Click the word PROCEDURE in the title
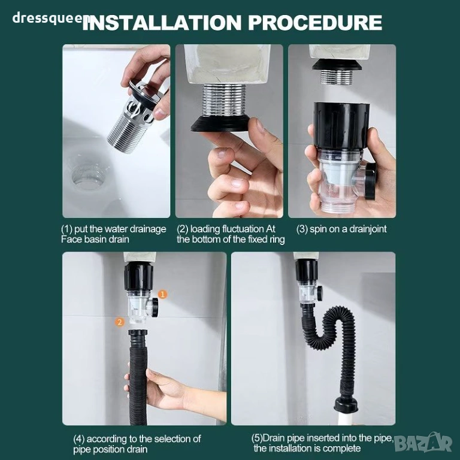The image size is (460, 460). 316,22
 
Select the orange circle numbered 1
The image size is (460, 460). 163,294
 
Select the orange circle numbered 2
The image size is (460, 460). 119,322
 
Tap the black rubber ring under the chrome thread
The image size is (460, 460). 220,123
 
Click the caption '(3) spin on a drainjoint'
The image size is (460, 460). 341,229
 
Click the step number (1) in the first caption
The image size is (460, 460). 66,229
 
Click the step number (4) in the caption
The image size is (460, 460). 79,439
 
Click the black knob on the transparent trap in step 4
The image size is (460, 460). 154,307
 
